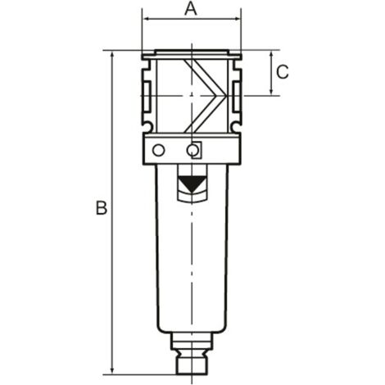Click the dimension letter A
click(191, 9)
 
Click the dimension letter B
click(101, 208)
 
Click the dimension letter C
click(282, 72)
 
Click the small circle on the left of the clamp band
click(159, 150)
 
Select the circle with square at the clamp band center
click(193, 151)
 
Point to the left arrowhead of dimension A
click(146, 20)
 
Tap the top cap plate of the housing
click(191, 56)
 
